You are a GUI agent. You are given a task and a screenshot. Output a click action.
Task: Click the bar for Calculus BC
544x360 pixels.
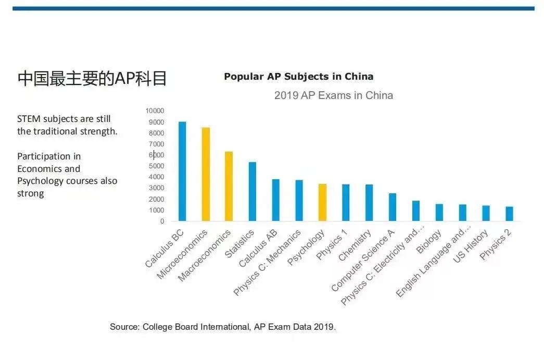point(182,171)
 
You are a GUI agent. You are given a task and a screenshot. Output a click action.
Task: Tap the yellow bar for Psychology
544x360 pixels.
point(322,203)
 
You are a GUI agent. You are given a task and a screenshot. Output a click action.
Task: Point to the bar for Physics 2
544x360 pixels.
point(509,214)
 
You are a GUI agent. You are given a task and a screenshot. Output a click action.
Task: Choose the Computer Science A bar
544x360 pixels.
point(393,207)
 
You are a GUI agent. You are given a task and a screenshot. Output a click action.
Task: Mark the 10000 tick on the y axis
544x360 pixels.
point(155,111)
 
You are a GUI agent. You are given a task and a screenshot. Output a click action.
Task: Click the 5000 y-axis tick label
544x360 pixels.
point(156,166)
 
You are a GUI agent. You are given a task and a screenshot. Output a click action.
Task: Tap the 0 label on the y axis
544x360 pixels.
point(162,221)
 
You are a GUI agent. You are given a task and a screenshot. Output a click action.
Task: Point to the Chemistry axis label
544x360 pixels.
point(356,245)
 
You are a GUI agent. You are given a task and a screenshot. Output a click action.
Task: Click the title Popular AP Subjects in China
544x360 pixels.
point(298,77)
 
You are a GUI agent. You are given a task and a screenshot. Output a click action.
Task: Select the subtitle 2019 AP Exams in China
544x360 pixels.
point(333,95)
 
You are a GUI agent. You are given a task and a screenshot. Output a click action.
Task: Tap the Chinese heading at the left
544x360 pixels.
point(92,78)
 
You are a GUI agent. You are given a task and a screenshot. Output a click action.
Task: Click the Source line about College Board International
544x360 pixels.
point(223,327)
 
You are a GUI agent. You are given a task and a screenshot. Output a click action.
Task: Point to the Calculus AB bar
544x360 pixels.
point(275,200)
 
